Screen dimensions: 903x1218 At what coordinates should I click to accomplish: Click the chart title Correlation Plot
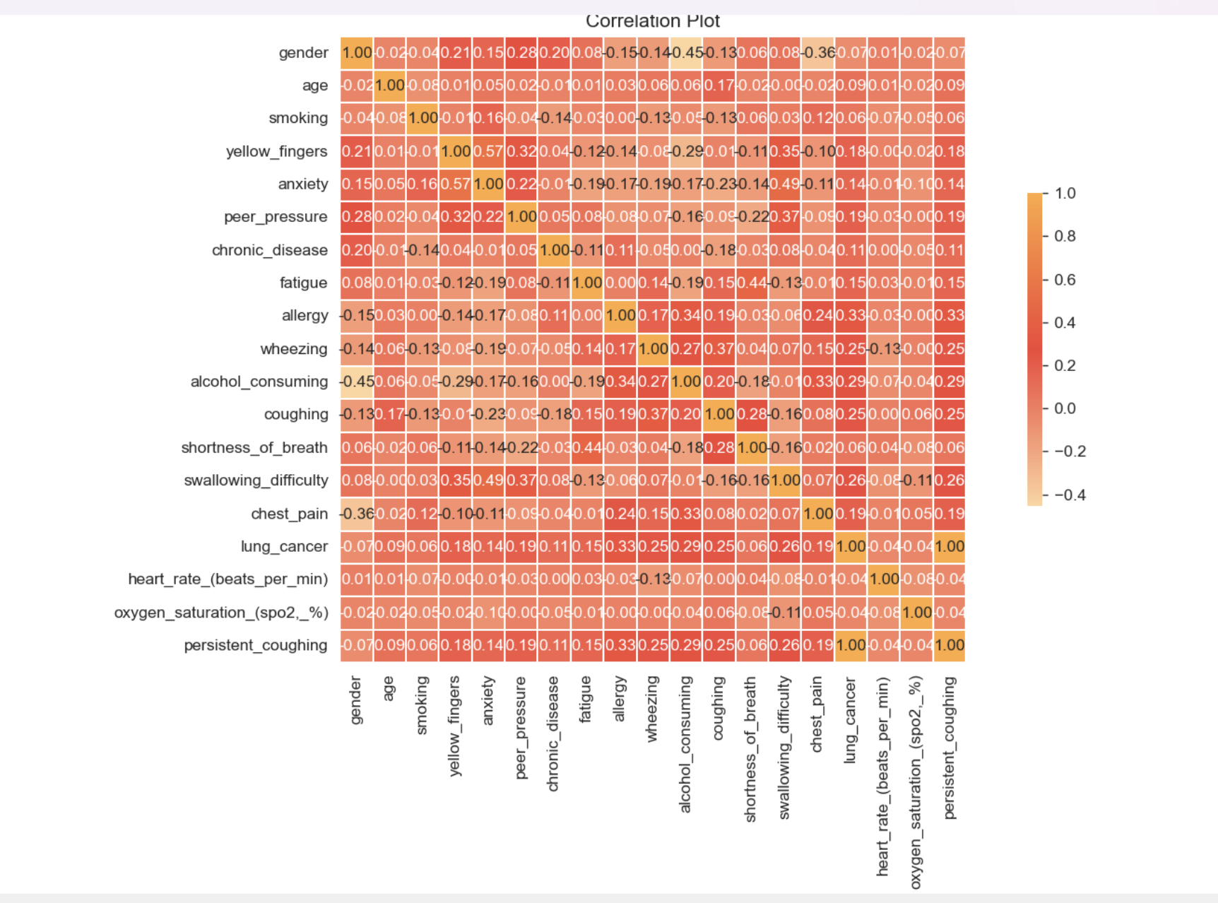coord(652,21)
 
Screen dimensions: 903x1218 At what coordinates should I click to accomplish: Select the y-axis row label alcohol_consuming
coord(259,382)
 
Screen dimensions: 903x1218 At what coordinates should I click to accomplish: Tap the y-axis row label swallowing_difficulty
coord(256,480)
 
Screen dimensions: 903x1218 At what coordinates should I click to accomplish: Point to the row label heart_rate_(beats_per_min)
coord(227,579)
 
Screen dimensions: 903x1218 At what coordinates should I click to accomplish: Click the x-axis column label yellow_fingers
coord(455,726)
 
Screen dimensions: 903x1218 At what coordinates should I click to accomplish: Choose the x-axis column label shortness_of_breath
coord(750,749)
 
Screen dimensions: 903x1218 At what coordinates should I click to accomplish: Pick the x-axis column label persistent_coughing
coord(950,748)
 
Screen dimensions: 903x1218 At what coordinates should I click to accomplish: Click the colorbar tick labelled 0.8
coord(1065,236)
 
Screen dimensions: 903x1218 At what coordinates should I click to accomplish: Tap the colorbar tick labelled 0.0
coord(1065,408)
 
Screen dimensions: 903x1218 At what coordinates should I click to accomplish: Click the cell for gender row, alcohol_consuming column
coord(686,53)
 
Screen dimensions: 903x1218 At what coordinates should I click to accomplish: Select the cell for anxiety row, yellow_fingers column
coord(456,184)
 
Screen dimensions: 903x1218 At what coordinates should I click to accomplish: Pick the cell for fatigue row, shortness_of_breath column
coord(752,283)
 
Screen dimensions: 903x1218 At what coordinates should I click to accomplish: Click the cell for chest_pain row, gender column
coord(357,514)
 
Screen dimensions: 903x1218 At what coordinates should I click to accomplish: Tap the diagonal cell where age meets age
coord(390,85)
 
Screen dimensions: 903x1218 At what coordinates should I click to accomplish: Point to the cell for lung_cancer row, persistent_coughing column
coord(949,546)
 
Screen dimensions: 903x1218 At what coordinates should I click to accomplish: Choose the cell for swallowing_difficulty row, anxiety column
coord(488,480)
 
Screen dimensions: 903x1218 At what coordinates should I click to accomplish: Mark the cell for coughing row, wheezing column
coord(653,414)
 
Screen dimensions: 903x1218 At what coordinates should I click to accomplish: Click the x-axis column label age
coord(389,689)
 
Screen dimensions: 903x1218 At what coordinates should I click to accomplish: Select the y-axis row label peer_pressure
coord(276,217)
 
